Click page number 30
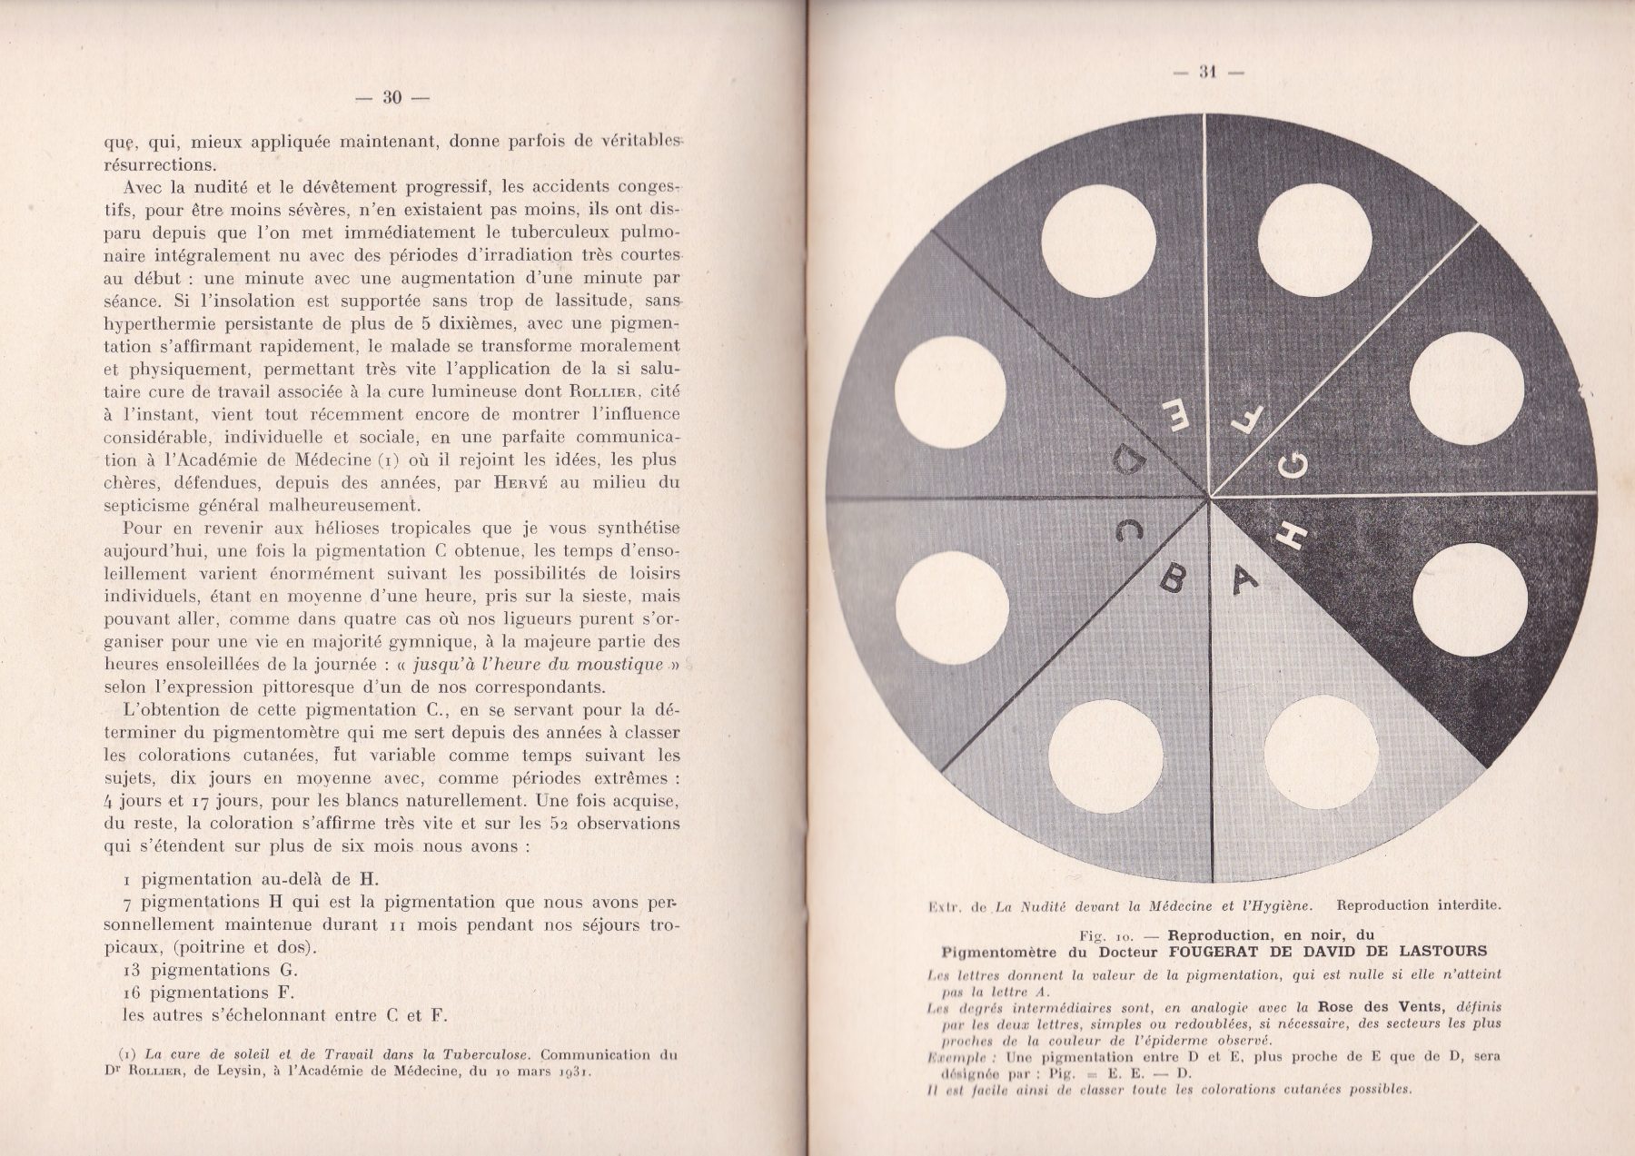(x=391, y=97)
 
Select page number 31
(x=1207, y=74)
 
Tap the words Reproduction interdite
(x=1419, y=905)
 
